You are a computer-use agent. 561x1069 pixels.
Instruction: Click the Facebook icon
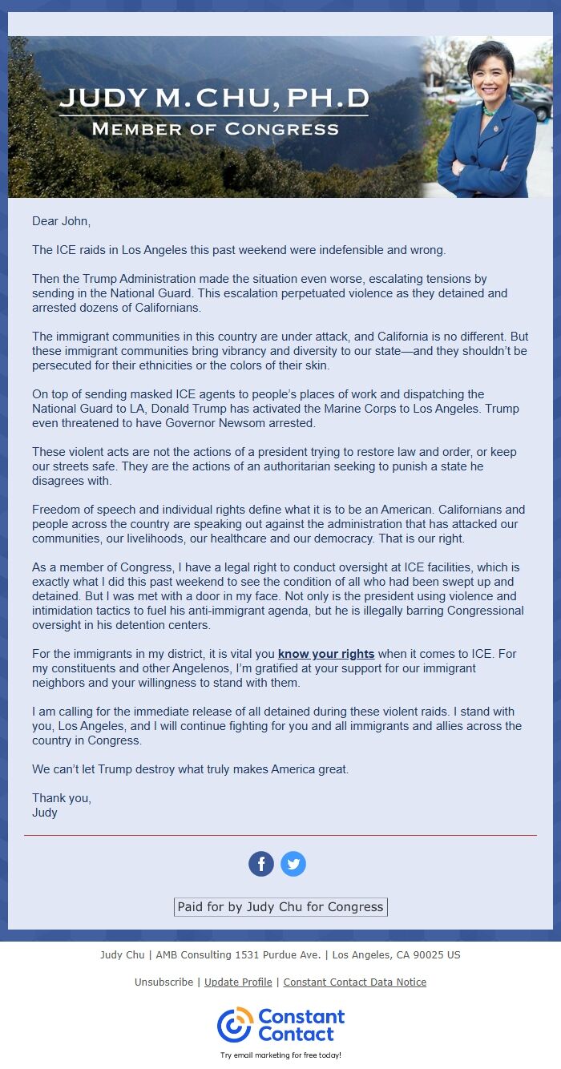click(261, 864)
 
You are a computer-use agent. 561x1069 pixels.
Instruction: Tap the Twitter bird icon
click(293, 864)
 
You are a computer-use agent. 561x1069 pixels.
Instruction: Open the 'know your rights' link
click(326, 654)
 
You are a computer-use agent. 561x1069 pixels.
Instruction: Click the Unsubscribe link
click(163, 982)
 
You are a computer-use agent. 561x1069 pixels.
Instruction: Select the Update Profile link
click(238, 982)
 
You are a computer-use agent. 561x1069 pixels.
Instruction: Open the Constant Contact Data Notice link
click(354, 982)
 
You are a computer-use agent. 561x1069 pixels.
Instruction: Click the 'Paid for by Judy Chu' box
click(280, 907)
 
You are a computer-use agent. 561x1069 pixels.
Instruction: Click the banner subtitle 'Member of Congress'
click(215, 128)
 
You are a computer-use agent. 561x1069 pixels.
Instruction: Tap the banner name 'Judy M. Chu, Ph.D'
click(214, 99)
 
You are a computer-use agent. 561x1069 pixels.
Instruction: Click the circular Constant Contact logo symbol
click(235, 1025)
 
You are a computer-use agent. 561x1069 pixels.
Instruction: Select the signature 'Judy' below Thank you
click(45, 813)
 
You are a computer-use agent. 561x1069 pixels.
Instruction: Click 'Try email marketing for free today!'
click(280, 1055)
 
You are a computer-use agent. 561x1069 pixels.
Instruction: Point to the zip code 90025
click(429, 954)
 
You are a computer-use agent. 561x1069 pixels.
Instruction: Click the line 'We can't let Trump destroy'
click(191, 769)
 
